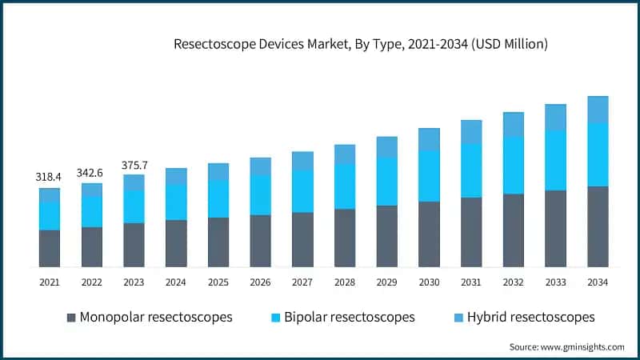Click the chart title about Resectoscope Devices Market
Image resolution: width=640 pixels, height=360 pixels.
point(361,45)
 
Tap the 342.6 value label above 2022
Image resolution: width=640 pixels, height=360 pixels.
point(91,172)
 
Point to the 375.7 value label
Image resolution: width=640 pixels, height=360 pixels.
point(134,164)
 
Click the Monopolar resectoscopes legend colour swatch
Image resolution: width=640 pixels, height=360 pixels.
point(71,318)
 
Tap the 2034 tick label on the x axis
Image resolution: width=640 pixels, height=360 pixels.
point(598,282)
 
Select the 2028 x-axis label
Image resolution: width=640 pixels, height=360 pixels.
point(344,282)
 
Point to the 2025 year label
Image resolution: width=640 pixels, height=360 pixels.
point(218,282)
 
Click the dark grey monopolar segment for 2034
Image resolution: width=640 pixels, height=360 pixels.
point(598,226)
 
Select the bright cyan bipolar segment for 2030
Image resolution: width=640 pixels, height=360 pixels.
point(429,176)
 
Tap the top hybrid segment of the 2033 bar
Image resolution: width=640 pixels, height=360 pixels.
point(555,117)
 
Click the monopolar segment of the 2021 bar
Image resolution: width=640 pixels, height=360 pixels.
point(49,248)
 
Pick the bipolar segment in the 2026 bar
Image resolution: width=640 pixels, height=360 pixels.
point(260,194)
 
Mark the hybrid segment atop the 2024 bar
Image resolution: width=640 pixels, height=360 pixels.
point(176,176)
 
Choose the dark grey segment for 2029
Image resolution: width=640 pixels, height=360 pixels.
point(386,236)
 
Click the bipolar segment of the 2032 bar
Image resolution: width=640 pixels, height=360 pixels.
point(513,165)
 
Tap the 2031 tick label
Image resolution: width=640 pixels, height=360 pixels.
point(471,282)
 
